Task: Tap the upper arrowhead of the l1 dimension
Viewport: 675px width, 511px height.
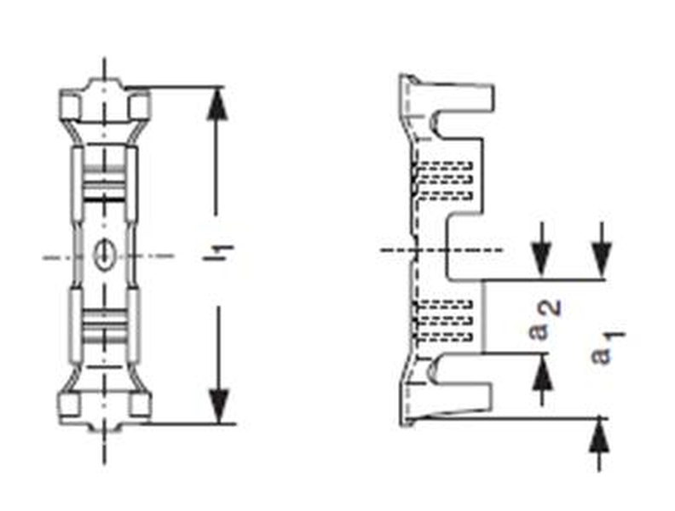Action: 219,106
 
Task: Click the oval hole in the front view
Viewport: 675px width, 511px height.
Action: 104,254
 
